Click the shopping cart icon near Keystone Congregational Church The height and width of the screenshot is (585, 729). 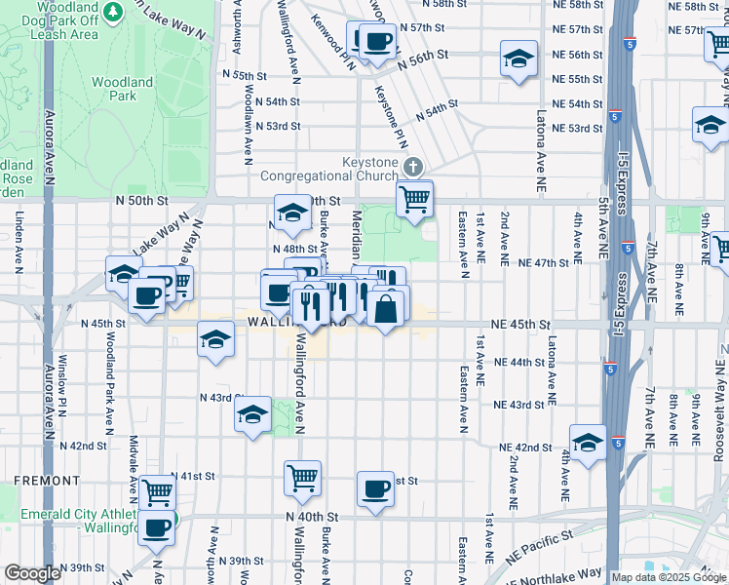coord(415,199)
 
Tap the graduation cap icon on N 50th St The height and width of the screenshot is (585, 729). coord(290,214)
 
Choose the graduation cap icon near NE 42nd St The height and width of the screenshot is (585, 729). coord(588,442)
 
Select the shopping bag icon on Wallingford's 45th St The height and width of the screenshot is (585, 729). coord(386,309)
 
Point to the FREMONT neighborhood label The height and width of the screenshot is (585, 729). coord(46,481)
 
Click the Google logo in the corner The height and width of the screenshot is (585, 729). coord(32,573)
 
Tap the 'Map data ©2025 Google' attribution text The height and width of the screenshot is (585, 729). coord(669,577)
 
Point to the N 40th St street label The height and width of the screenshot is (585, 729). coord(311,516)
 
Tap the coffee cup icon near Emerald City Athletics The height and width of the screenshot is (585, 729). coord(156,528)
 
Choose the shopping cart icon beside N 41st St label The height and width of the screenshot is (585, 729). coord(156,491)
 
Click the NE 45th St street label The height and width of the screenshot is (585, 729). coord(521,324)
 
